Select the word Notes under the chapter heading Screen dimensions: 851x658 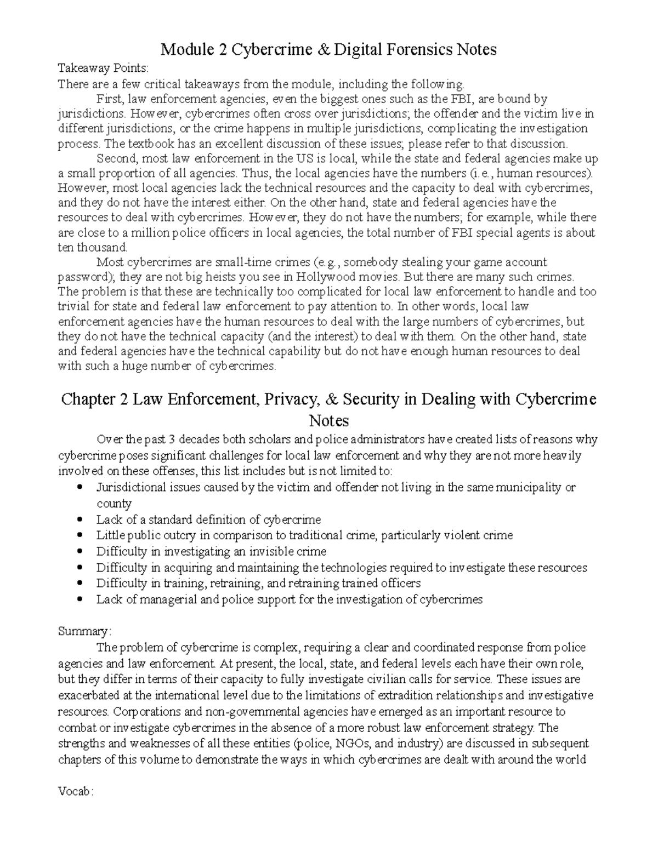coord(328,421)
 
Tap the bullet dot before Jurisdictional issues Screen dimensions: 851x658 coord(81,487)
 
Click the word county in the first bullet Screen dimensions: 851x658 coord(114,503)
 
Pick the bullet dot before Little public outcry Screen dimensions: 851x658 coord(81,535)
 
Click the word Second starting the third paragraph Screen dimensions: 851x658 coord(116,159)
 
